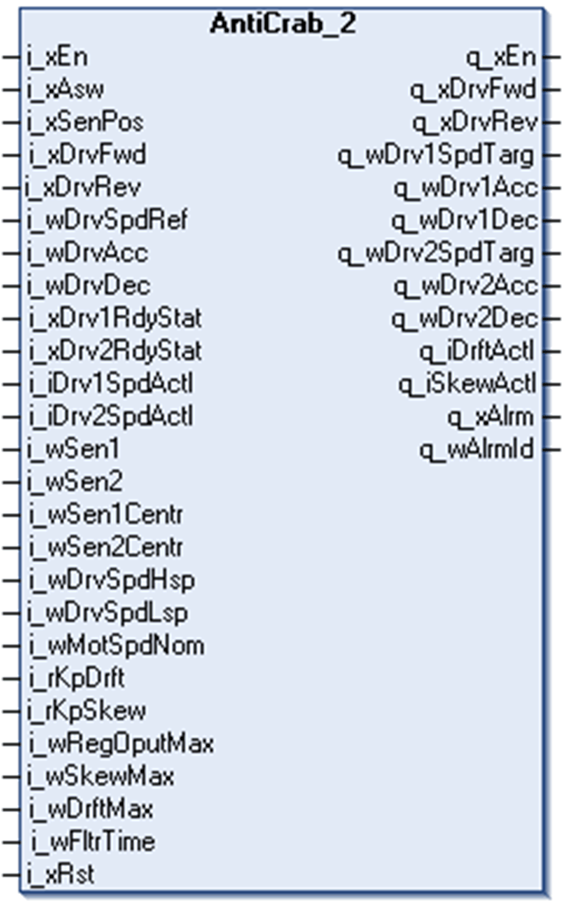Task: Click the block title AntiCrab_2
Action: click(x=283, y=23)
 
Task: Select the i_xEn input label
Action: click(x=57, y=57)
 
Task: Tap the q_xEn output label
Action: click(x=501, y=57)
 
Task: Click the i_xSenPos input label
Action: click(x=85, y=122)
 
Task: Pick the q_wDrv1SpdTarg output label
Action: click(x=436, y=155)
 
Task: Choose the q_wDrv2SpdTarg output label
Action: click(x=436, y=253)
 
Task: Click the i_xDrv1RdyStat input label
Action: click(x=115, y=318)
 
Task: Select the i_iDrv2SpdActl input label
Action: click(x=111, y=416)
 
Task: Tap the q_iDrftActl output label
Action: click(x=477, y=351)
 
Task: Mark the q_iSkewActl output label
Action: click(x=467, y=384)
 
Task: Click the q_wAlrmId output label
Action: click(x=477, y=450)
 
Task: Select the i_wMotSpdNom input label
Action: click(x=116, y=645)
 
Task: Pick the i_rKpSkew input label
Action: click(x=87, y=710)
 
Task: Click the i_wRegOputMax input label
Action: click(x=121, y=743)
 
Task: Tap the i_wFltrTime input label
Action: click(x=93, y=842)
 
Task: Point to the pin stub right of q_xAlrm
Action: click(x=553, y=417)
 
